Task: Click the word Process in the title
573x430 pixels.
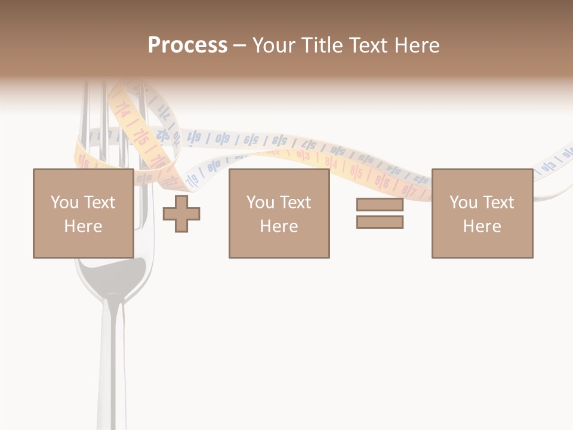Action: click(187, 45)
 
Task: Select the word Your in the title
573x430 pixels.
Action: click(273, 45)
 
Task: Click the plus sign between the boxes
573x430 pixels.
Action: click(181, 213)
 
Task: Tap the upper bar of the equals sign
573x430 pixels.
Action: click(380, 204)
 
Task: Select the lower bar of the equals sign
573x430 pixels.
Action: click(380, 222)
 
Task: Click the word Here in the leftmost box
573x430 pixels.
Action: click(83, 226)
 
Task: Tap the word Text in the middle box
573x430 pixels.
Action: click(295, 202)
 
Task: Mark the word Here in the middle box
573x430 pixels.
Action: click(279, 226)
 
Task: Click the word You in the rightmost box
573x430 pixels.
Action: click(464, 202)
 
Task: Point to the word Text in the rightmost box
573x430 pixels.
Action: click(498, 202)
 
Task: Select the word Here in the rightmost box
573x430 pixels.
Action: click(482, 226)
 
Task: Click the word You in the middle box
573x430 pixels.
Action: click(260, 202)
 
